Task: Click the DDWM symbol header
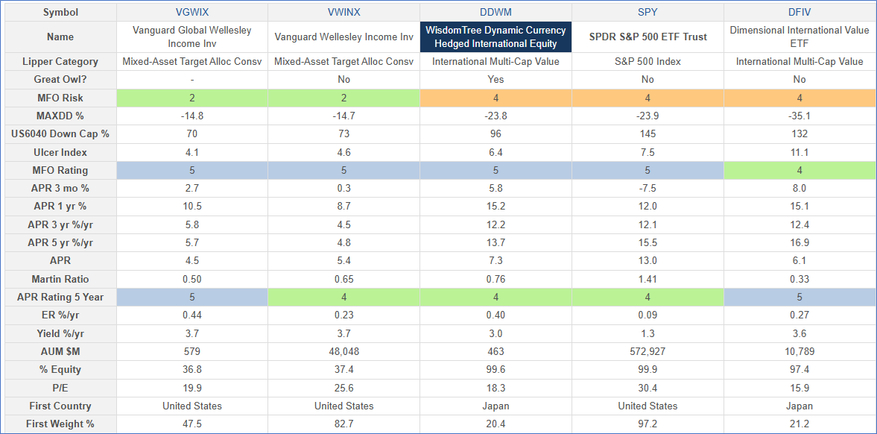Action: coord(496,13)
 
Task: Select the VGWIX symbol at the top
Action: coord(191,13)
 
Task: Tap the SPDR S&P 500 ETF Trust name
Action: coord(648,37)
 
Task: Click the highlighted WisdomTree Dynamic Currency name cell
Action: coord(496,37)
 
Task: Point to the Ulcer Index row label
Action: coord(61,152)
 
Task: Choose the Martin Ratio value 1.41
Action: coord(648,279)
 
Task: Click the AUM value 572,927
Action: coord(648,351)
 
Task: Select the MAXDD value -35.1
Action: coord(800,116)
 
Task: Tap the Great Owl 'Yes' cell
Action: coord(496,80)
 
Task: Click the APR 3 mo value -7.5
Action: coord(648,188)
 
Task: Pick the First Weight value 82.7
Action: coord(343,424)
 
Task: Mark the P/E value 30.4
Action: coord(648,388)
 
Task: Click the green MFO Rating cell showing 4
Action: coord(800,170)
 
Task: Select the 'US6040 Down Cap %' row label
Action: coord(61,134)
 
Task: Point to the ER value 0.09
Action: coord(648,315)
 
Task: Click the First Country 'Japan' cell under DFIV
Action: coord(800,406)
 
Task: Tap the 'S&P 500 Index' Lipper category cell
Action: coord(648,62)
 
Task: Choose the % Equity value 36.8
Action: coord(191,369)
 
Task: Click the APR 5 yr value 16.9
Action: coord(800,242)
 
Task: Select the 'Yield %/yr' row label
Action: coord(61,333)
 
